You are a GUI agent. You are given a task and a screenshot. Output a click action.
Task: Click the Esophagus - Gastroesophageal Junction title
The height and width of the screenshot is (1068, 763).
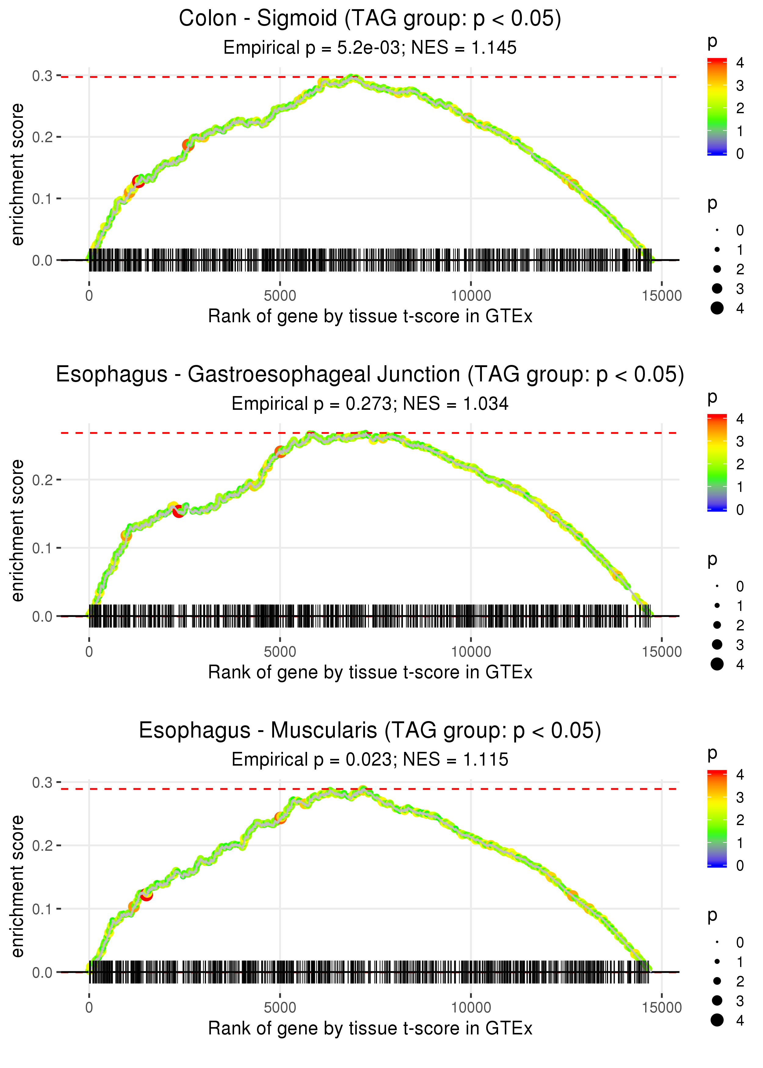370,375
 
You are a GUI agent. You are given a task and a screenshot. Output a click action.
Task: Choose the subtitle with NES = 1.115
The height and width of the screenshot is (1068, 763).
370,760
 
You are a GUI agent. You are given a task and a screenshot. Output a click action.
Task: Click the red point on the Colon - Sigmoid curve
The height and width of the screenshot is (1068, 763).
139,181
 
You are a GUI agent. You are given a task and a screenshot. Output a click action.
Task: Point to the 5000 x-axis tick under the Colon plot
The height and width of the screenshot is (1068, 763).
280,296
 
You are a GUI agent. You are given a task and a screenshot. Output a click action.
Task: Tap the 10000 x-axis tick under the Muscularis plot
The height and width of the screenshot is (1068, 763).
471,1008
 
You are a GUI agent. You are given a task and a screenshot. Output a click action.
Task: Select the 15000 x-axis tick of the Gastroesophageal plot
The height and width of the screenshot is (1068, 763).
661,652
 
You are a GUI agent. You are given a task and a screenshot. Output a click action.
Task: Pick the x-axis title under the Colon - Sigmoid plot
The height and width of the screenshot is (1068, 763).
370,316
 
